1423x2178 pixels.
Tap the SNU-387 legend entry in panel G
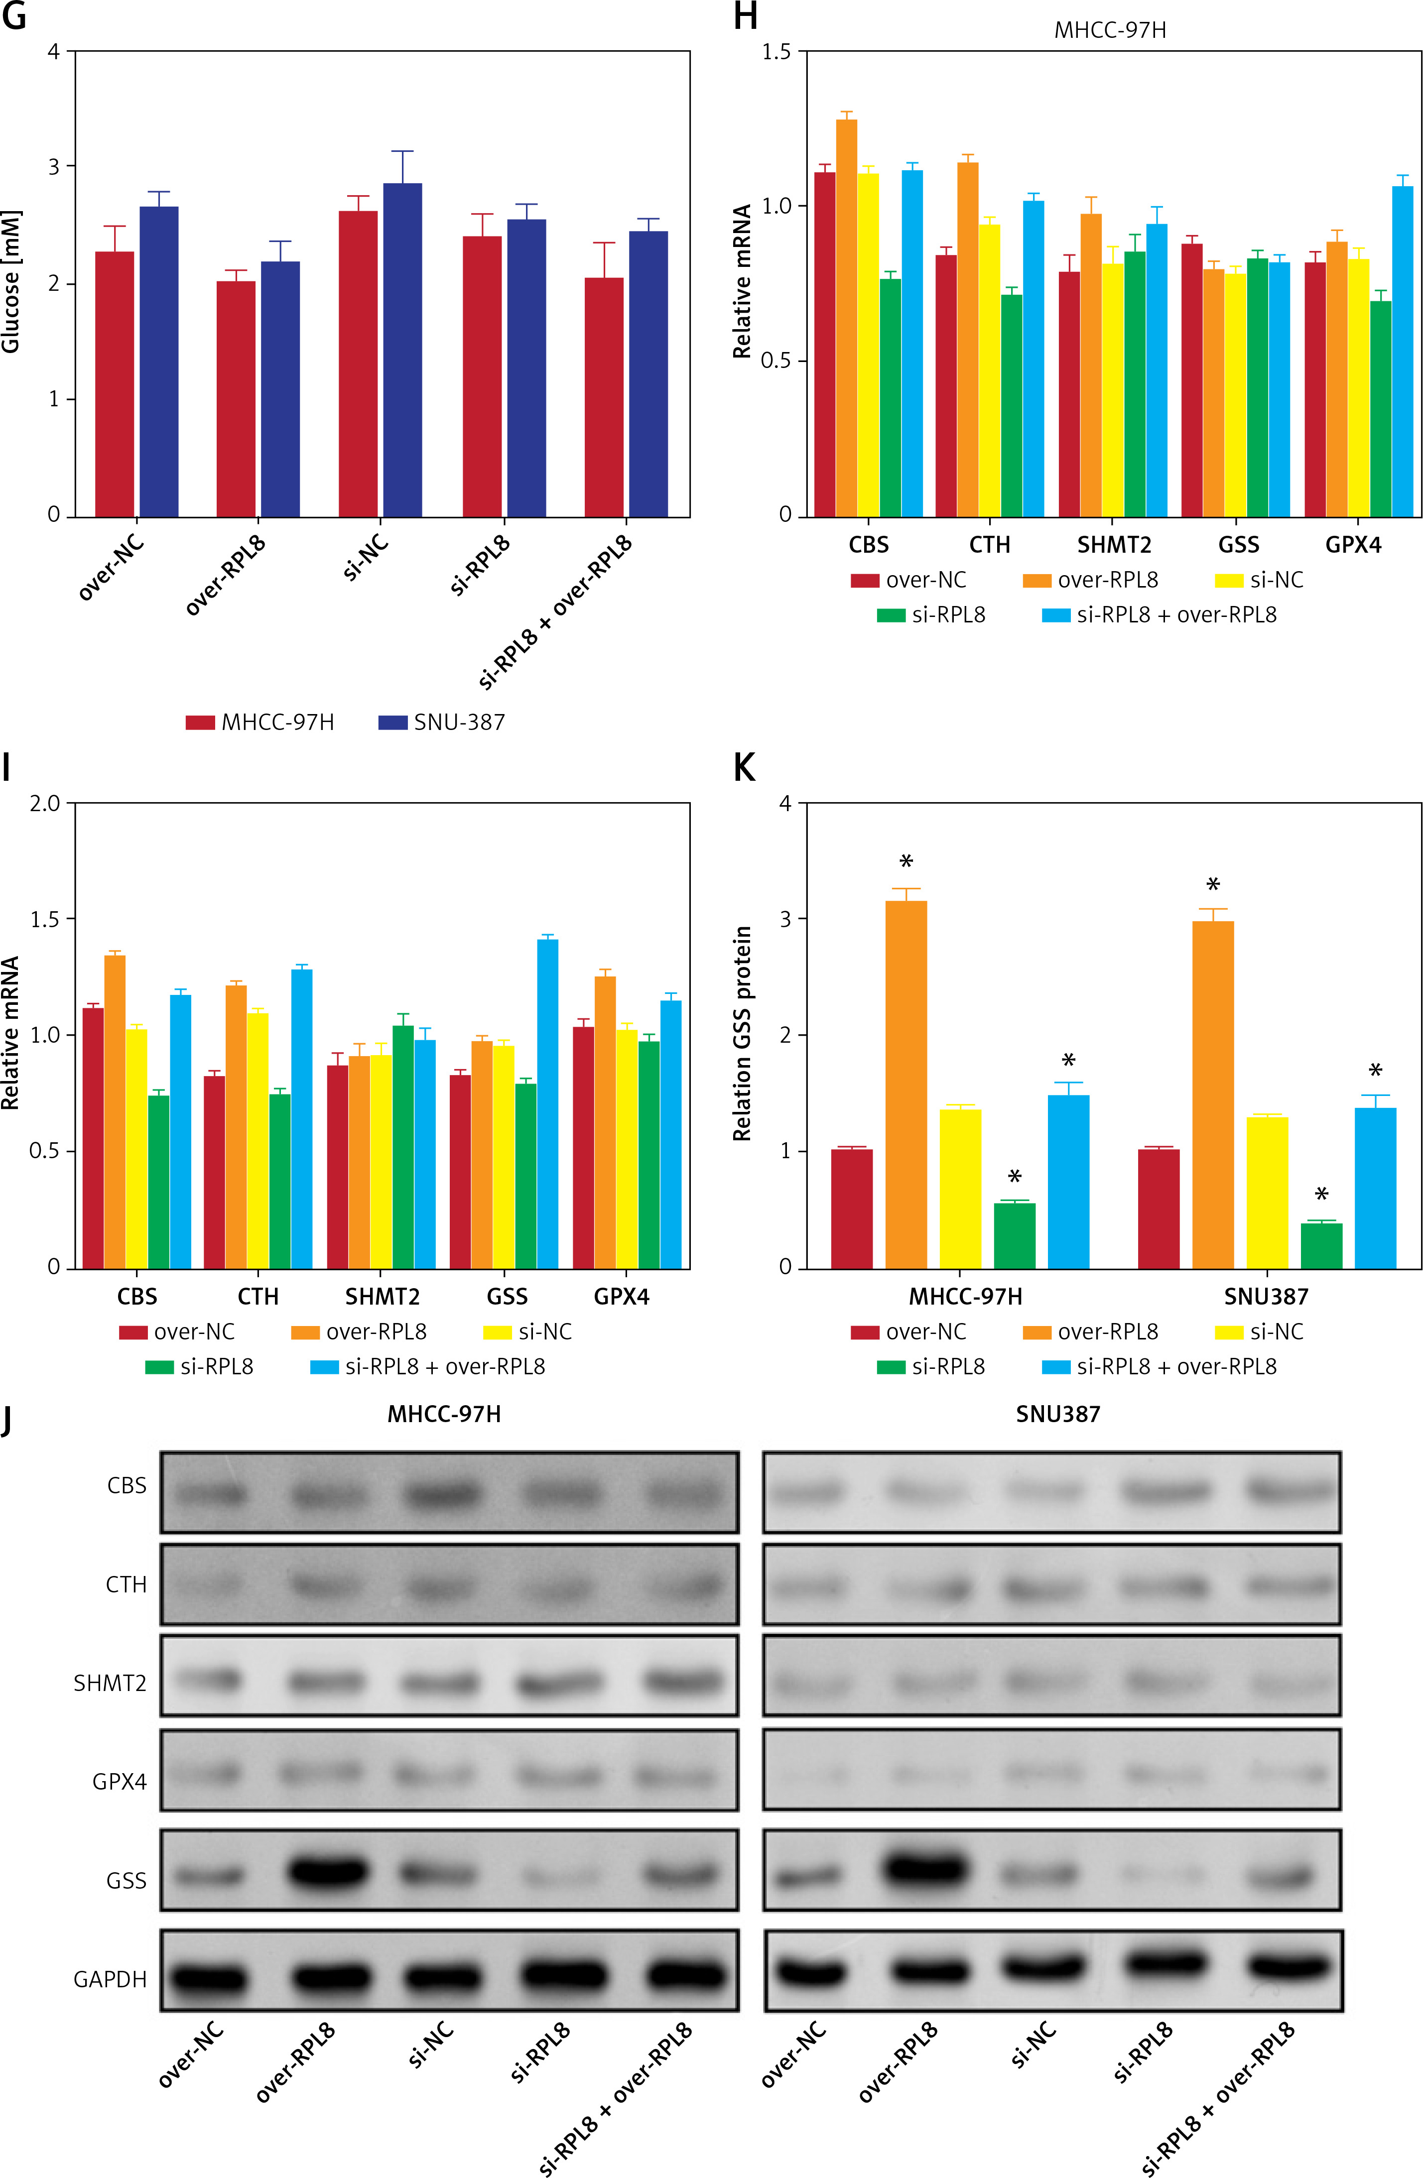tap(442, 722)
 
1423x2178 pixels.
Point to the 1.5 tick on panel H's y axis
tap(776, 52)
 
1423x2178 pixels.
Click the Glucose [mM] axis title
tap(11, 282)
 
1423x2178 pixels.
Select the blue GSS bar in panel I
tap(547, 1103)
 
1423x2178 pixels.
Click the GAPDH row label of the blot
tap(110, 1979)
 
